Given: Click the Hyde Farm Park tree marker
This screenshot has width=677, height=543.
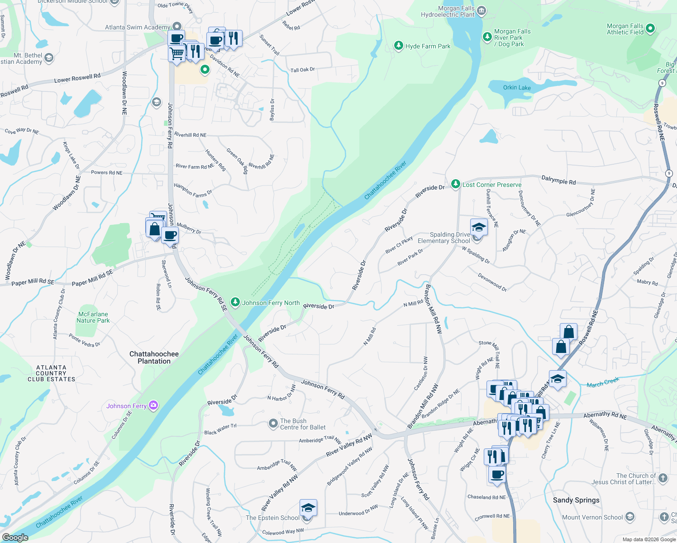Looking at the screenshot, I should click(x=398, y=46).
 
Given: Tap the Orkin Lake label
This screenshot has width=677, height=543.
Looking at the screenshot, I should click(x=517, y=87).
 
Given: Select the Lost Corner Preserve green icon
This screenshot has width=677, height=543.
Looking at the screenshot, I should click(x=455, y=184).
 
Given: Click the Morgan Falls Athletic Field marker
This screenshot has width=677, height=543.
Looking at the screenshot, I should click(x=650, y=29).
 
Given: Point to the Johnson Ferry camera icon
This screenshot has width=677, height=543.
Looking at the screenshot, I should click(x=153, y=405).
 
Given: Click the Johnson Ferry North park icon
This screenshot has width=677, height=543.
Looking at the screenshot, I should click(x=235, y=302).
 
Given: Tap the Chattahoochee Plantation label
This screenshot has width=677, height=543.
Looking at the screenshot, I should click(x=154, y=357).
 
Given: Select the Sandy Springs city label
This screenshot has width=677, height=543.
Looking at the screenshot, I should click(x=576, y=500).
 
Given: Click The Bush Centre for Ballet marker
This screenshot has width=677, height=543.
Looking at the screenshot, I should click(x=273, y=424).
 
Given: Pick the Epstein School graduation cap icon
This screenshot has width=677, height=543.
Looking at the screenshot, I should click(x=308, y=508).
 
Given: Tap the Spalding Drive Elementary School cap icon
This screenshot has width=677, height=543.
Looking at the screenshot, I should click(x=479, y=227).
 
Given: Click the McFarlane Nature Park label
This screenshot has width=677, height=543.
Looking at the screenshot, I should click(x=93, y=317).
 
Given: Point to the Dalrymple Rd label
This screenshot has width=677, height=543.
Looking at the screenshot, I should click(x=558, y=181).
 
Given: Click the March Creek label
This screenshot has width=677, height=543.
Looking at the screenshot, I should click(x=603, y=383).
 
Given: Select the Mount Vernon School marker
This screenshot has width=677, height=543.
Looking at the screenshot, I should click(x=630, y=517).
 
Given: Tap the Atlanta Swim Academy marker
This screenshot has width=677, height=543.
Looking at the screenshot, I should click(x=177, y=27).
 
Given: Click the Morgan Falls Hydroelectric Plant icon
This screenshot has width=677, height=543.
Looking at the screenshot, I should click(x=482, y=10).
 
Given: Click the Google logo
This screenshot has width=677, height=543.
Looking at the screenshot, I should click(x=15, y=537).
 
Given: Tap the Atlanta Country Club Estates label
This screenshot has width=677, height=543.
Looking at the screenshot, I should click(x=51, y=373).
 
